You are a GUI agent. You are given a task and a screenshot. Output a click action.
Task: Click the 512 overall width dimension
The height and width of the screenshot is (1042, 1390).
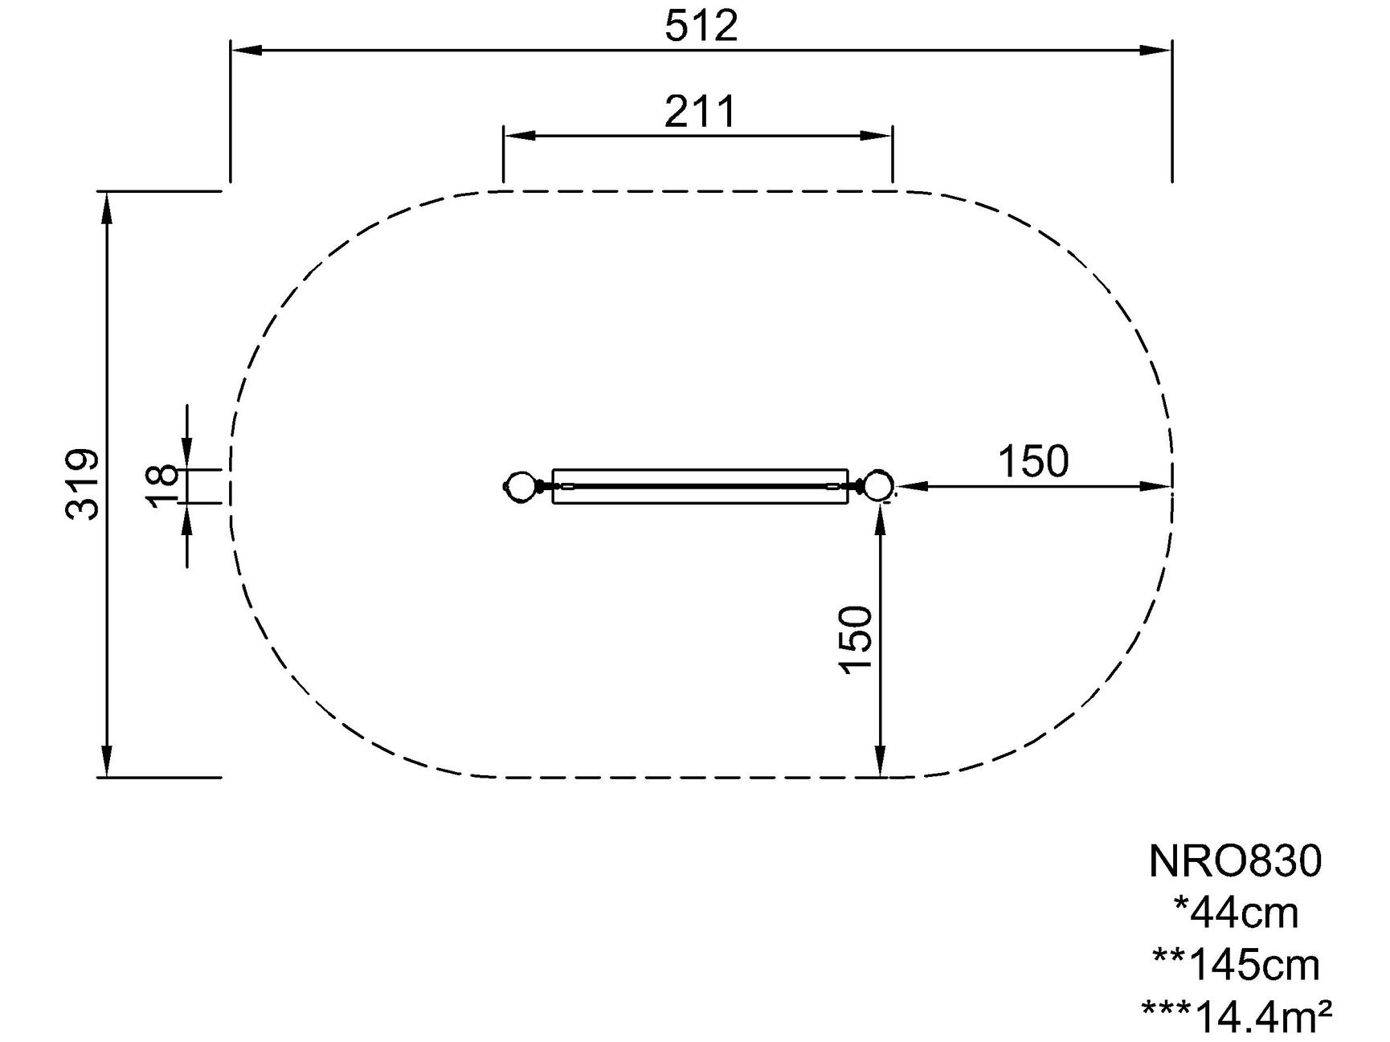click(701, 27)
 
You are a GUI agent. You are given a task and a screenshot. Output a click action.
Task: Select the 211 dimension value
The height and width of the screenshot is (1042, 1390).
click(700, 112)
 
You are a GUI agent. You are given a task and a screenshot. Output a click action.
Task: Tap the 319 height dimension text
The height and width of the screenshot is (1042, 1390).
click(83, 484)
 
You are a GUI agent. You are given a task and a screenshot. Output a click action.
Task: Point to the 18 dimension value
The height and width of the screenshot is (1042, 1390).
click(163, 486)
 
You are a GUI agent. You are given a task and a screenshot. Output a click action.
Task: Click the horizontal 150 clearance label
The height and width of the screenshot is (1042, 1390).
click(1033, 462)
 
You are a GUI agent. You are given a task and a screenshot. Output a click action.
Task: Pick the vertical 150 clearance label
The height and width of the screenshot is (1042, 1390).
click(856, 640)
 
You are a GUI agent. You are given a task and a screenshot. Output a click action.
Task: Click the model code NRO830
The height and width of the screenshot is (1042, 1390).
click(1235, 861)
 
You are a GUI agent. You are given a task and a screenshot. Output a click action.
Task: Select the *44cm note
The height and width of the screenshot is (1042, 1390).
click(1236, 913)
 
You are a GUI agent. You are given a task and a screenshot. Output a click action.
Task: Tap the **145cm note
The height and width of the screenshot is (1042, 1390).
click(1236, 964)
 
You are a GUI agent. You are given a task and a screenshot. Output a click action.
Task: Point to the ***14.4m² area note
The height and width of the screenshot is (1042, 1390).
click(1236, 1015)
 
